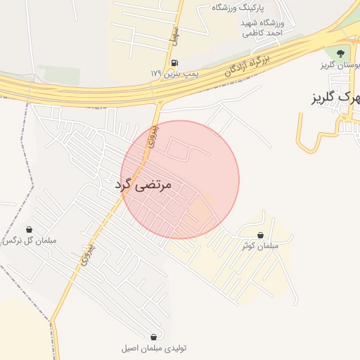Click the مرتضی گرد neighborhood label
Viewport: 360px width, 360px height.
[143, 185]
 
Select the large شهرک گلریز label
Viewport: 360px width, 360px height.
[336, 96]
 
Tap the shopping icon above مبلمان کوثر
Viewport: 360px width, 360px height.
[261, 236]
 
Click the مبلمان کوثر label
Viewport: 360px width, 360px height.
[260, 246]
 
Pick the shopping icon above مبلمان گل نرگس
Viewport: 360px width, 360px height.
[29, 229]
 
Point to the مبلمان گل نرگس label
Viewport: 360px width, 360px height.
[28, 240]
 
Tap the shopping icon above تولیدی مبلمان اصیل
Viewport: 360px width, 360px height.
[153, 337]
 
